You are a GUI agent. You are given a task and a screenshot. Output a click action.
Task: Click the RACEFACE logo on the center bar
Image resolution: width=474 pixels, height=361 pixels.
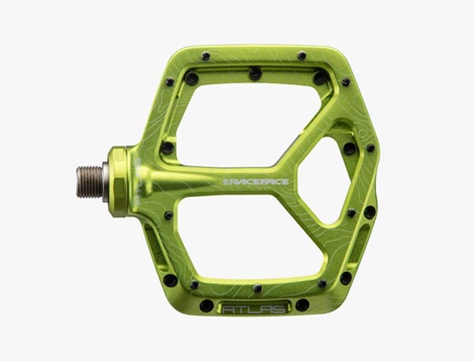click(256, 181)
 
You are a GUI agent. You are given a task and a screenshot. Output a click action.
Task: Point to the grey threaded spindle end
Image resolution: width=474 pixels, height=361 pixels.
click(89, 181)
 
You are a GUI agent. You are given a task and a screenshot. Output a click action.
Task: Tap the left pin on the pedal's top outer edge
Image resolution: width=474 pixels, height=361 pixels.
click(206, 56)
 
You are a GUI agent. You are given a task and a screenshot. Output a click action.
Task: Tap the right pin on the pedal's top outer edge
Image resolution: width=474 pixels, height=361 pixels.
click(301, 56)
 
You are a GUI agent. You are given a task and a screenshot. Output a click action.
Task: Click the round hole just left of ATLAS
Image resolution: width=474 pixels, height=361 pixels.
click(206, 305)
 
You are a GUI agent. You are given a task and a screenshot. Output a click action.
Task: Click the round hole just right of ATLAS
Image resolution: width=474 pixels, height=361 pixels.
click(302, 305)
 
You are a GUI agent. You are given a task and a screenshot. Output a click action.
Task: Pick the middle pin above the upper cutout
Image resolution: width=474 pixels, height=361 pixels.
click(255, 73)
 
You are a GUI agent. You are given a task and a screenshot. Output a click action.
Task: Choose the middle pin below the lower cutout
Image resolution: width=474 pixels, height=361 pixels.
click(257, 288)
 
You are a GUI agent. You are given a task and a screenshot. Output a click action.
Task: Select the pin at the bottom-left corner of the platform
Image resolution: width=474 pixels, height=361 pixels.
click(170, 280)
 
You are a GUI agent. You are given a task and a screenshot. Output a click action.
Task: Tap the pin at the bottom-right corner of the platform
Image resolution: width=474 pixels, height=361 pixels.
click(346, 277)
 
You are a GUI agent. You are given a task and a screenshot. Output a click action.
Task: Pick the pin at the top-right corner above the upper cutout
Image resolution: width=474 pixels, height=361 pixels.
click(319, 78)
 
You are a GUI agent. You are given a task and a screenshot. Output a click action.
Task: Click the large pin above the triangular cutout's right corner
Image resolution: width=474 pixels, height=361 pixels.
click(349, 147)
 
